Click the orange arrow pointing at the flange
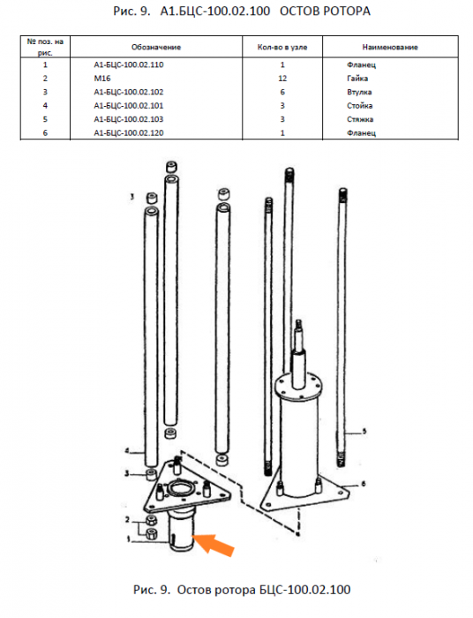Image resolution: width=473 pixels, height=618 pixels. [214, 545]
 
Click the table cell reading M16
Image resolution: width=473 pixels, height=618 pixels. [102, 79]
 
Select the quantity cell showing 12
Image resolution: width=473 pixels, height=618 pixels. [282, 79]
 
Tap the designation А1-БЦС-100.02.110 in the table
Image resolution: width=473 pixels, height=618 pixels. [128, 64]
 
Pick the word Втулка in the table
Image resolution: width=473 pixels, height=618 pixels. [359, 92]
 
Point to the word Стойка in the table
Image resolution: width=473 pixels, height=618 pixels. [359, 106]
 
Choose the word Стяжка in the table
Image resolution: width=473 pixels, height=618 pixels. [360, 119]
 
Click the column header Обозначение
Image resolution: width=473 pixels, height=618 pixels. [156, 48]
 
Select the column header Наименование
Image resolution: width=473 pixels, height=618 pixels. [390, 48]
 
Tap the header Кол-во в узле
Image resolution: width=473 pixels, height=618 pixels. [282, 48]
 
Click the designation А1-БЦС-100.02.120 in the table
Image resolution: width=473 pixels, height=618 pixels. [128, 132]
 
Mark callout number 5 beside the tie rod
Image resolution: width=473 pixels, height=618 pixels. [364, 431]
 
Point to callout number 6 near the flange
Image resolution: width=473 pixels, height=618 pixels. [363, 483]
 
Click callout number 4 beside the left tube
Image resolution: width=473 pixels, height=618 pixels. [127, 451]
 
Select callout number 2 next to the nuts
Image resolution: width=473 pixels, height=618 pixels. [127, 520]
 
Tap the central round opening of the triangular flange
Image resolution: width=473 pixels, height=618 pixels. [182, 488]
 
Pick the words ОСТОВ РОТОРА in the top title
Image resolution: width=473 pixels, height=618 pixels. [325, 11]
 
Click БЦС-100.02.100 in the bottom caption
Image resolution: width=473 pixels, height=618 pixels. [304, 590]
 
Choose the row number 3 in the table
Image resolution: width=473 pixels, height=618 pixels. [45, 92]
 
